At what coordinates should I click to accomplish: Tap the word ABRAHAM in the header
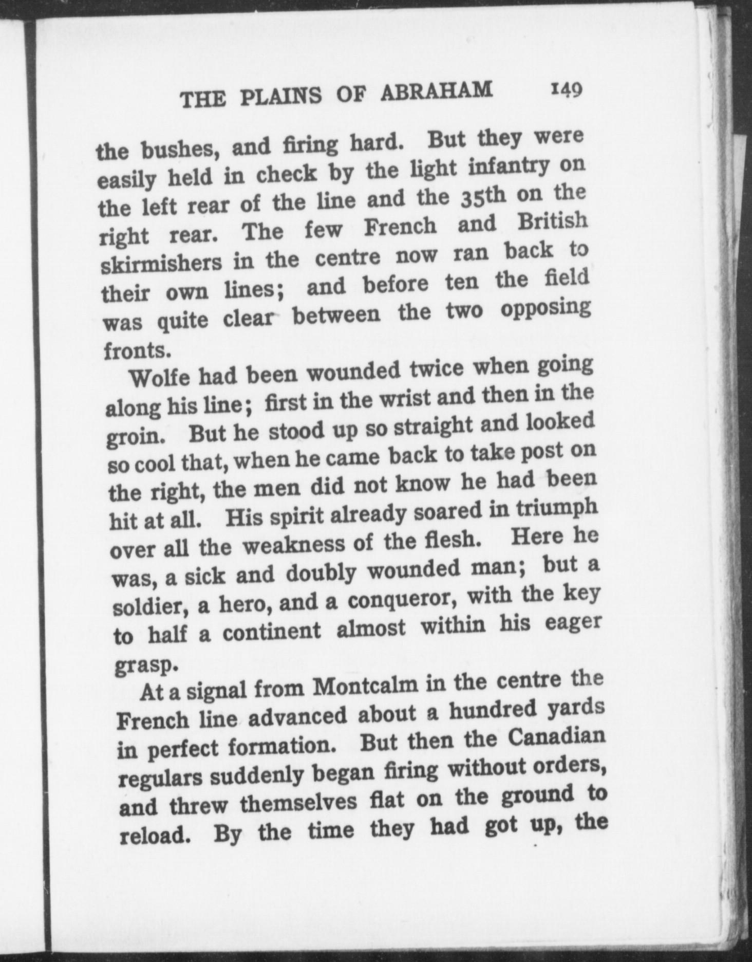tap(436, 91)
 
